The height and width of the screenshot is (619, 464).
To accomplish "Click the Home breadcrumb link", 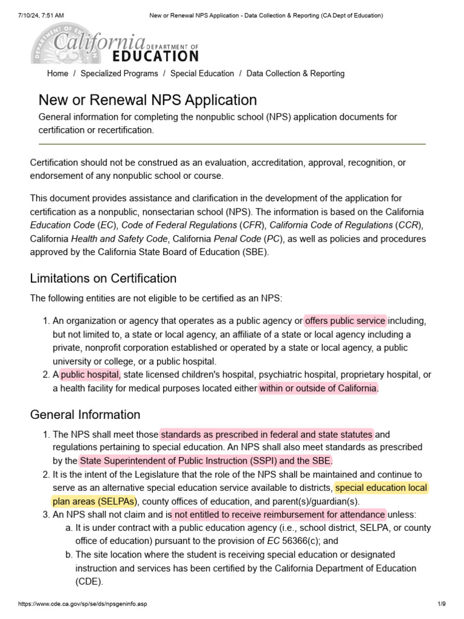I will [x=57, y=74].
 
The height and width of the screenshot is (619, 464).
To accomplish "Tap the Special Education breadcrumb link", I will [x=202, y=74].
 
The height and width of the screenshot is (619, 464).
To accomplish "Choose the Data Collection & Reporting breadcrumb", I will [x=295, y=74].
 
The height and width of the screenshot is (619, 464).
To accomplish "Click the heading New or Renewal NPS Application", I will [x=147, y=100].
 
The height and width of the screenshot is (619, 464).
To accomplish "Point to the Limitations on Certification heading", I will [x=103, y=279].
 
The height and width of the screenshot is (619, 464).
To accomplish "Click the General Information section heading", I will [x=85, y=415].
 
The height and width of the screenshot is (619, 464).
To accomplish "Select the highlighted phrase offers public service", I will [x=345, y=321].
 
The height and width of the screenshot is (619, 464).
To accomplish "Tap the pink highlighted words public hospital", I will [x=90, y=375].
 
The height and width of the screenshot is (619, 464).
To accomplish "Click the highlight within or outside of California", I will [x=318, y=388].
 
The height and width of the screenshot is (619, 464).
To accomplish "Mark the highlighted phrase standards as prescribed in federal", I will [x=266, y=434].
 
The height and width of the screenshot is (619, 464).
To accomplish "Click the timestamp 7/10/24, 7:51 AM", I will [x=42, y=15].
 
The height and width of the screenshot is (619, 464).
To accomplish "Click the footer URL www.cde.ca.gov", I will [x=82, y=604].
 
